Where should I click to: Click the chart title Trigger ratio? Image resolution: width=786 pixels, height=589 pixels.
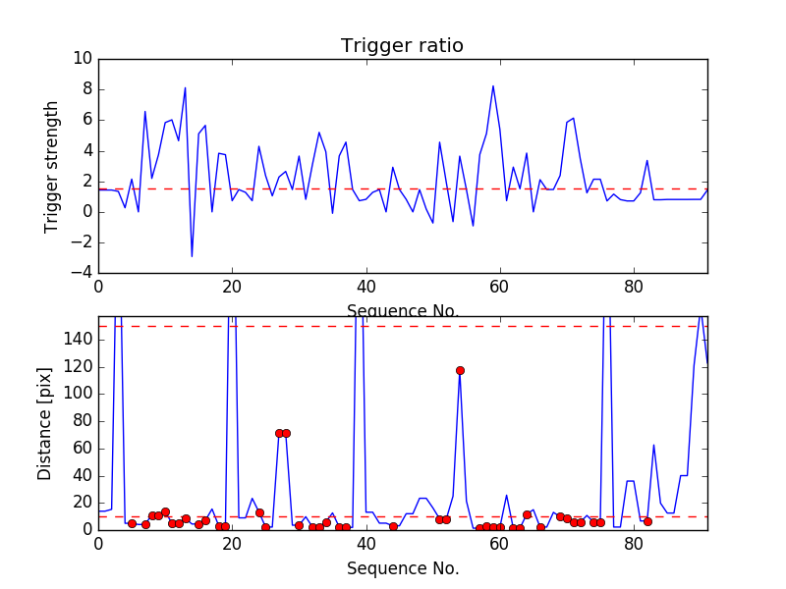(402, 46)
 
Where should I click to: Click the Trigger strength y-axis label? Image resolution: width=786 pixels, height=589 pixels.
(52, 167)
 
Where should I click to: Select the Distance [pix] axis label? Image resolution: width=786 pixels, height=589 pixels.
(45, 424)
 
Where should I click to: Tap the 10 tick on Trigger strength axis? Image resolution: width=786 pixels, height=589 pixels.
(82, 59)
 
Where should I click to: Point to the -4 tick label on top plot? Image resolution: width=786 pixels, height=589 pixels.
(81, 273)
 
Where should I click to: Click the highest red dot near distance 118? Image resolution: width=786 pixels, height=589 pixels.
(460, 370)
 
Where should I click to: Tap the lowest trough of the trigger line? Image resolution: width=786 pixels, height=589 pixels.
(192, 256)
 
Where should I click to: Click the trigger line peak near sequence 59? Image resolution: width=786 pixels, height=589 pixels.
(493, 85)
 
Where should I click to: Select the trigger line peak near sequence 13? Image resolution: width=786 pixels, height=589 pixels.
(185, 89)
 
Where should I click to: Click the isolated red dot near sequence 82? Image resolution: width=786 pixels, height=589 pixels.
(647, 521)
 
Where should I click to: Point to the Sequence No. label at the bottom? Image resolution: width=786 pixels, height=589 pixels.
(402, 568)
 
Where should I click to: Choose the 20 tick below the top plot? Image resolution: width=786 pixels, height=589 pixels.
(232, 287)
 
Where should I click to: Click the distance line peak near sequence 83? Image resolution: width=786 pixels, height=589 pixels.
(654, 445)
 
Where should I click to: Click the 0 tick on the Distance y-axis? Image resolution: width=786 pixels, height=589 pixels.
(85, 529)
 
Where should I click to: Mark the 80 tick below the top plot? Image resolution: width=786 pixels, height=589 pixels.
(634, 287)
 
